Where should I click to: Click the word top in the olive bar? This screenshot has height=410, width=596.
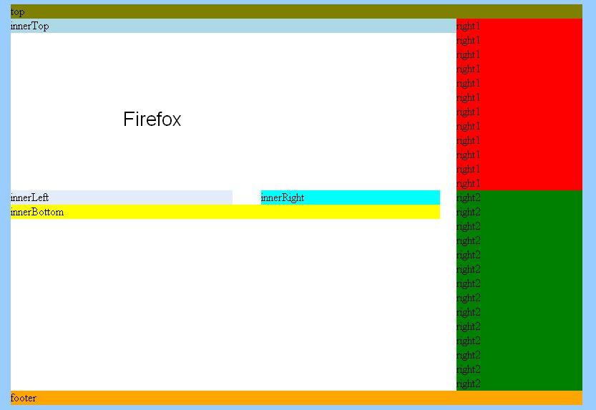click(17, 12)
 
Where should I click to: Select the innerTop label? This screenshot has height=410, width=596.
click(29, 26)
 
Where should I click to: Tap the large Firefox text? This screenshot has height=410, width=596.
click(152, 119)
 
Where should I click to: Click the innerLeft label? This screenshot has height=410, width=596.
click(29, 197)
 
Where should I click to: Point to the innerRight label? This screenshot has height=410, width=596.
click(283, 197)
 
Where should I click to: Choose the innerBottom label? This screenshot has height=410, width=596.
click(37, 212)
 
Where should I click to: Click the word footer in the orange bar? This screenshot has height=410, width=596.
click(24, 398)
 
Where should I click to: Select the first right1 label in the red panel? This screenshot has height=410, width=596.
click(468, 26)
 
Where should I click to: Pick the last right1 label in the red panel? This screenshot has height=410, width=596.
click(468, 183)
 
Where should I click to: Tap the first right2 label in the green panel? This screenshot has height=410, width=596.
click(468, 197)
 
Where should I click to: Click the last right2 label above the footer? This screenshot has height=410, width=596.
click(468, 384)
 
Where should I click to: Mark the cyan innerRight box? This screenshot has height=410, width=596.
click(351, 197)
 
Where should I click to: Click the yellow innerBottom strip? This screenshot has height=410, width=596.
click(225, 212)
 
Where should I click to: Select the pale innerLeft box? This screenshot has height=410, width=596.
click(122, 197)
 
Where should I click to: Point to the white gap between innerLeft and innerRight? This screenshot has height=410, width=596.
click(247, 197)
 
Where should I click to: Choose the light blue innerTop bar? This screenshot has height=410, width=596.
click(233, 26)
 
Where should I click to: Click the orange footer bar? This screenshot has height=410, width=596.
click(296, 398)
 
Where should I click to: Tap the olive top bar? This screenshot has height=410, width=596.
click(296, 11)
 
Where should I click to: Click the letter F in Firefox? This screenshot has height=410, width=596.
click(129, 119)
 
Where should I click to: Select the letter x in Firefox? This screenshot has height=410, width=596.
click(176, 121)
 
